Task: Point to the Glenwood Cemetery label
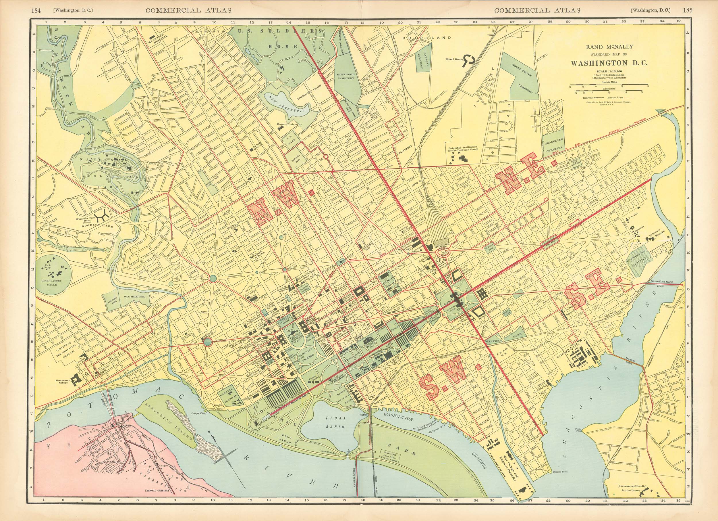[x=346, y=76]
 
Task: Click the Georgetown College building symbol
[x=76, y=380]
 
